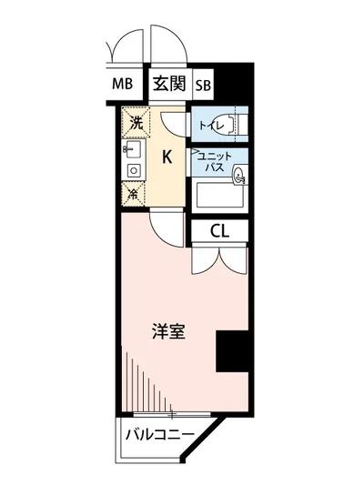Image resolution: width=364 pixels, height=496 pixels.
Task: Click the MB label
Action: click(122, 85)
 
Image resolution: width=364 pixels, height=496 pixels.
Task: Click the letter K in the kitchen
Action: click(167, 157)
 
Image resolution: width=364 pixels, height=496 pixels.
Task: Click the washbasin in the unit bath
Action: click(240, 177)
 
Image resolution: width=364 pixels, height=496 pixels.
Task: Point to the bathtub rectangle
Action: click(218, 195)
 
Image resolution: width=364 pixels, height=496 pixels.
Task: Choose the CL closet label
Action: click(219, 231)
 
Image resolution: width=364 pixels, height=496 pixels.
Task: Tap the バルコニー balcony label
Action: click(158, 435)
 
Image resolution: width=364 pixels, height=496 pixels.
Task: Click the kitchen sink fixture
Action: click(131, 148)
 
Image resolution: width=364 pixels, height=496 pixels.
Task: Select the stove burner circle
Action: click(133, 170)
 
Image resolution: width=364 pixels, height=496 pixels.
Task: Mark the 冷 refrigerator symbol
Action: click(132, 193)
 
